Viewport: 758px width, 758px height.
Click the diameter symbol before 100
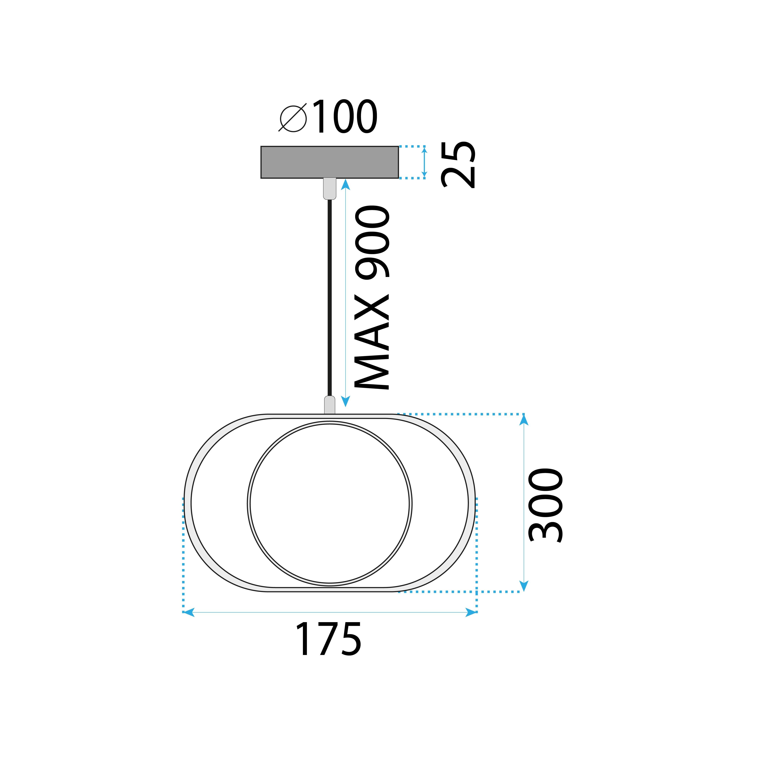[293, 118]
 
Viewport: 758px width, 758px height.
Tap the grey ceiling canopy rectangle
[330, 162]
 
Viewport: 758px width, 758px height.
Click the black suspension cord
[330, 298]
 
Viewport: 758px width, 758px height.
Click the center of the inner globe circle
[330, 504]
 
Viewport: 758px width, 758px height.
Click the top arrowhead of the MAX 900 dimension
[345, 184]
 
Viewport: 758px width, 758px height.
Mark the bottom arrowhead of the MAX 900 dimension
[345, 401]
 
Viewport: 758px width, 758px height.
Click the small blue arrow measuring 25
[424, 162]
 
